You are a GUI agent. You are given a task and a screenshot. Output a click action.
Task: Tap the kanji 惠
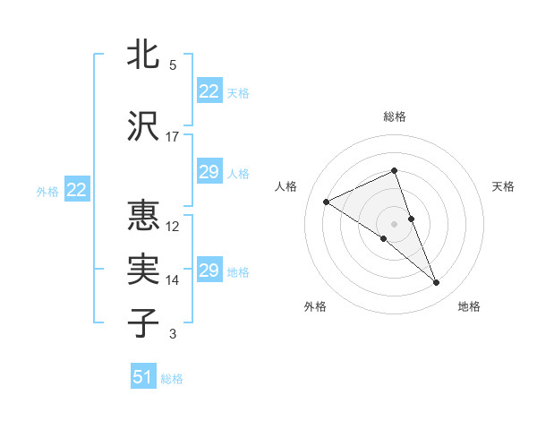tap(144, 216)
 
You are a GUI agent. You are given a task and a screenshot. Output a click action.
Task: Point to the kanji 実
tap(144, 270)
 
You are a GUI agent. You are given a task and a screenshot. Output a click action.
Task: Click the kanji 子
tap(144, 323)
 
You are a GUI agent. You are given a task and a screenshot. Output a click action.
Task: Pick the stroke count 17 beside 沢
tap(173, 137)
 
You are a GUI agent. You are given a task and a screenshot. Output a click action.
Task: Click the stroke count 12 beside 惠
tap(173, 226)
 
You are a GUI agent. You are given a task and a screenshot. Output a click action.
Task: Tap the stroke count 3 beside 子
tap(173, 334)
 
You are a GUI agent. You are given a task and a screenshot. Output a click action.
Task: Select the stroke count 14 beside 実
tap(173, 280)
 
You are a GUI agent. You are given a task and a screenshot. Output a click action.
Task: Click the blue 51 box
tap(143, 377)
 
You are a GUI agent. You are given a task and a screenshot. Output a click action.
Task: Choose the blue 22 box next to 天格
tap(209, 90)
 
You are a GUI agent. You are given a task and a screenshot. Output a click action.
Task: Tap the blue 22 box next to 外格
tap(76, 189)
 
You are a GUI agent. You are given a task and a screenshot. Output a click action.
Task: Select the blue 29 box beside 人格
tap(209, 172)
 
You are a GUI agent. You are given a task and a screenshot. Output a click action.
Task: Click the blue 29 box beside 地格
tap(209, 271)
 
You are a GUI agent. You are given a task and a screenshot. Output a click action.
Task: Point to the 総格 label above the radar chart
tap(394, 116)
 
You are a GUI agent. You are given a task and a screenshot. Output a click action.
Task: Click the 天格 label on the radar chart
tap(503, 186)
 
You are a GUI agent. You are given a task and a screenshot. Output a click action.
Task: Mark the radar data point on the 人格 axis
tap(327, 202)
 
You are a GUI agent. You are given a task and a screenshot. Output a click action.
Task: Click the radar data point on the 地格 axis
tap(437, 283)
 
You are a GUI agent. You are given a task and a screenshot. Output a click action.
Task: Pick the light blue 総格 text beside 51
tap(172, 379)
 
